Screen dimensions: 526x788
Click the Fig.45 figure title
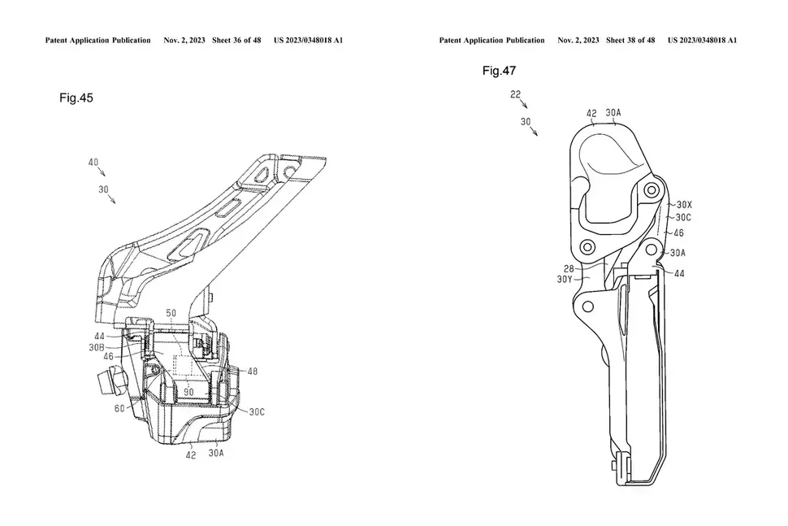point(76,98)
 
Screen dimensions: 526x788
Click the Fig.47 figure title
point(499,71)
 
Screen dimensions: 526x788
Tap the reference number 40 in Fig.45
point(93,163)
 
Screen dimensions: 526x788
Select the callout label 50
point(171,312)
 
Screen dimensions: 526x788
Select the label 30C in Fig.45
point(257,411)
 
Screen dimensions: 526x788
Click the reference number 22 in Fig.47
point(515,93)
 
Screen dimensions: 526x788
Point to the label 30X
point(684,206)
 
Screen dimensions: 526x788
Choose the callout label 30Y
point(565,279)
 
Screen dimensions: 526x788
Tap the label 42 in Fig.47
point(591,114)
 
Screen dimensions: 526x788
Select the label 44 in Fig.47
point(679,274)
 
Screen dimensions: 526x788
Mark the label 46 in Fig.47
point(679,232)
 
